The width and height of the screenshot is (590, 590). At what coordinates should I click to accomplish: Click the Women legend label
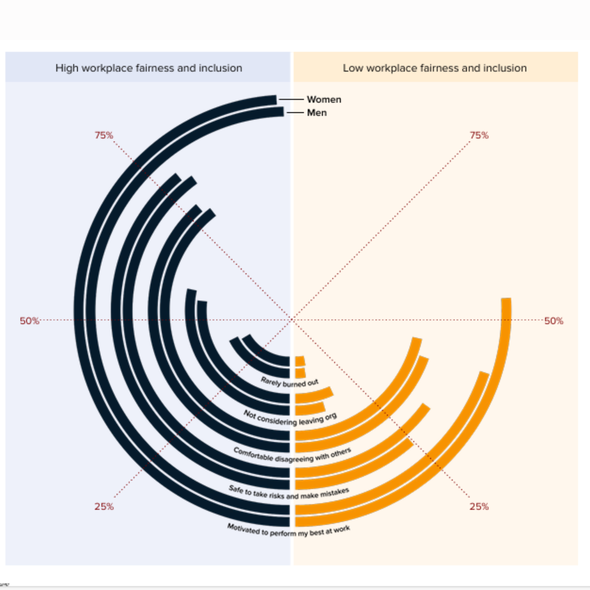[x=324, y=100]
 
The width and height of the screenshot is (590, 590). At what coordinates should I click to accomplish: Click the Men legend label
[x=317, y=113]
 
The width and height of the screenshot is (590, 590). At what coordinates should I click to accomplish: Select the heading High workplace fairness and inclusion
[x=149, y=68]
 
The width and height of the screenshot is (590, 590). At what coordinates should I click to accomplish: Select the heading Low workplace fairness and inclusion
[x=435, y=68]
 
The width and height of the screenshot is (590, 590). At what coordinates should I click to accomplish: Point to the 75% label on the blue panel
[x=104, y=135]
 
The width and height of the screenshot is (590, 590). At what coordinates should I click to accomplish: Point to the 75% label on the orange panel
[x=479, y=135]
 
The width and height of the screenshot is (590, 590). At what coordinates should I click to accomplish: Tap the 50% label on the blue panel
[x=29, y=321]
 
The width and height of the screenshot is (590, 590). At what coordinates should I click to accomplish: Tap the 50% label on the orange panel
[x=553, y=321]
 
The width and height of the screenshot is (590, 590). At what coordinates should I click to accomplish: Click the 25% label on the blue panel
[x=104, y=506]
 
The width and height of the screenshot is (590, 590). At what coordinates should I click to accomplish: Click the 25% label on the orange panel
[x=479, y=506]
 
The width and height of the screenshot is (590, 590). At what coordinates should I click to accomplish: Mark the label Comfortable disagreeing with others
[x=292, y=456]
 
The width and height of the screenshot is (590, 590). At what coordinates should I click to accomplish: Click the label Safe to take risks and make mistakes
[x=289, y=493]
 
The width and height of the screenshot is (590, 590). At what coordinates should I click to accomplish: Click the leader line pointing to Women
[x=291, y=100]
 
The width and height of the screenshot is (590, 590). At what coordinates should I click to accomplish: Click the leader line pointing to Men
[x=295, y=113]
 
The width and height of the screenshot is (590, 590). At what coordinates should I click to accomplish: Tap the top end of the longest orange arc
[x=506, y=299]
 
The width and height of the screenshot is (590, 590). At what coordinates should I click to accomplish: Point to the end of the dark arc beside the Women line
[x=273, y=100]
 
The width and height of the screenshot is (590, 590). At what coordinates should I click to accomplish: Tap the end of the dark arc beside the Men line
[x=280, y=112]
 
